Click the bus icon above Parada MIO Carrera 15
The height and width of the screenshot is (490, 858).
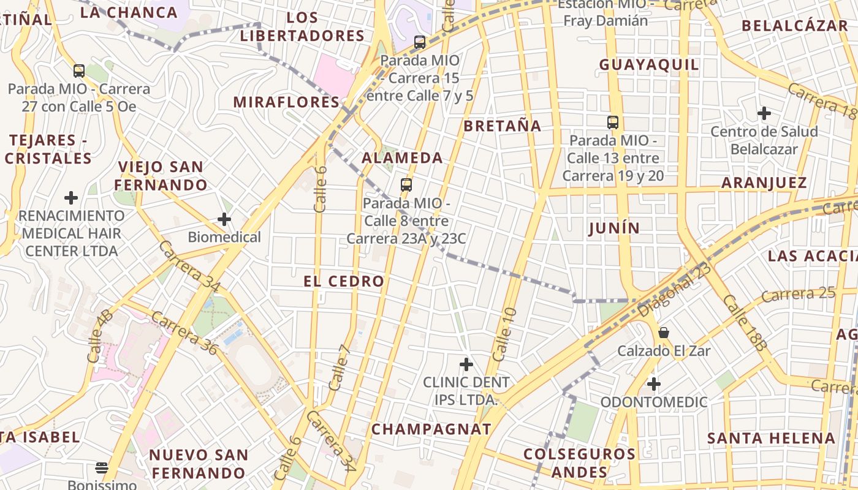[x=420, y=42]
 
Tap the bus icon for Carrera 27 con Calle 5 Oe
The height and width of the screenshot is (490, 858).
[x=79, y=70]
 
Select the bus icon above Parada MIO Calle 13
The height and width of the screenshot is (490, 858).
[x=613, y=122]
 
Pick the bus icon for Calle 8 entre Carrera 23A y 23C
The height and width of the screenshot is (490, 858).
[x=406, y=184]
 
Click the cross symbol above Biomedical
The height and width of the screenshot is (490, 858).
[x=224, y=219]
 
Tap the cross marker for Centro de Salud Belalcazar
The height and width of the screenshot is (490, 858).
[x=764, y=113]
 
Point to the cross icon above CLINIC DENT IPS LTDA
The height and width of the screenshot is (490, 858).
[x=466, y=364]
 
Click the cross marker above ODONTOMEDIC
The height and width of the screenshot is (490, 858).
[x=654, y=384]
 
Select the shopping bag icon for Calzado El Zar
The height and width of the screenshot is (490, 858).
[x=664, y=333]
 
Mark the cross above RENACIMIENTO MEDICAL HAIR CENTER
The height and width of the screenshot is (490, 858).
[x=71, y=198]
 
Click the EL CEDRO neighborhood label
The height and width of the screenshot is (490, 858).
[x=344, y=282]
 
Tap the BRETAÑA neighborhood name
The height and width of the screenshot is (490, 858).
[x=503, y=126]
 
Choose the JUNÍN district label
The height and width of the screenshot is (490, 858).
[x=614, y=228]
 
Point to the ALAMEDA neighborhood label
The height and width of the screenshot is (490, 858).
[x=402, y=158]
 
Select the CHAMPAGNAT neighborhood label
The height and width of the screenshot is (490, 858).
[x=431, y=429]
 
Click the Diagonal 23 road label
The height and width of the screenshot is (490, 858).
[x=674, y=290]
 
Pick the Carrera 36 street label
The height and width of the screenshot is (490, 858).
[x=184, y=333]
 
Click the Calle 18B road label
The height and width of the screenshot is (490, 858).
[x=745, y=323]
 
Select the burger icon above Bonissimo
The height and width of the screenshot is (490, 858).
[x=102, y=469]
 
